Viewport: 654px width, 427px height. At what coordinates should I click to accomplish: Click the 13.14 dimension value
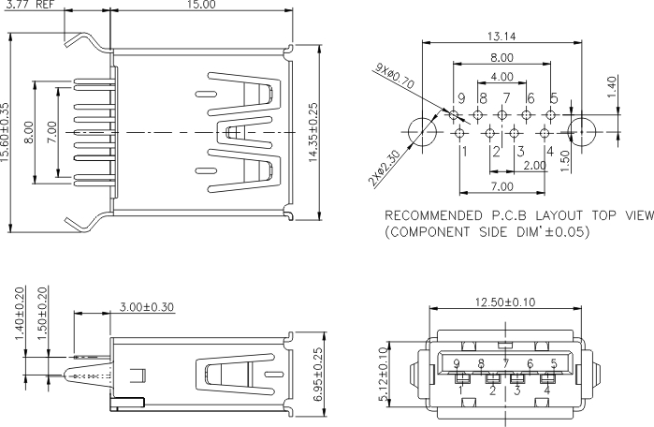click(x=502, y=37)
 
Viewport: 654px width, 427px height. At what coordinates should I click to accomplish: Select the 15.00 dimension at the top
click(x=201, y=6)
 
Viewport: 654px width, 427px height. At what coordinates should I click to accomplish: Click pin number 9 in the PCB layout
click(x=460, y=98)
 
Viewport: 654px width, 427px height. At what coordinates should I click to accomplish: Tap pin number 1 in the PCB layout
click(x=461, y=150)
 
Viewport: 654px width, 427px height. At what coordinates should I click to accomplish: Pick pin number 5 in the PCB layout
click(x=554, y=98)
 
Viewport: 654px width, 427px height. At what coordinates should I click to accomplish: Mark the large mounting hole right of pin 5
click(x=584, y=128)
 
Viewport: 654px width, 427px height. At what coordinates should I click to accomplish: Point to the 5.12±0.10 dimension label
click(x=384, y=375)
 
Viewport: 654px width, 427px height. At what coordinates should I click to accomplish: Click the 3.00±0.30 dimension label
click(x=147, y=306)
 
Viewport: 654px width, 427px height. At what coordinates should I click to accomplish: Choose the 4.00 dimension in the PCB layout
click(x=501, y=77)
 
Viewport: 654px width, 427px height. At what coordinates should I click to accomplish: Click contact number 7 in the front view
click(x=506, y=364)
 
